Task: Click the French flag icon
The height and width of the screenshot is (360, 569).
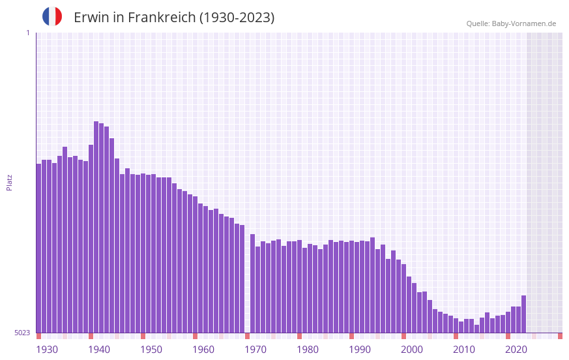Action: click(x=52, y=17)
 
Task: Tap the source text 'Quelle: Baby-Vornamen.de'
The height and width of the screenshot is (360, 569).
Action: click(x=511, y=23)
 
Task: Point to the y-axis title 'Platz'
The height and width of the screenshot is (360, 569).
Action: click(x=9, y=182)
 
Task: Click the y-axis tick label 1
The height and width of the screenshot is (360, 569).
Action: click(x=27, y=33)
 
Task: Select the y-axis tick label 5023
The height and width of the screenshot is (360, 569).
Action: click(x=22, y=333)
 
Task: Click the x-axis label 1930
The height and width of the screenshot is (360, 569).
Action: click(x=47, y=350)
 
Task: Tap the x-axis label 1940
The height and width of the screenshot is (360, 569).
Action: click(x=99, y=350)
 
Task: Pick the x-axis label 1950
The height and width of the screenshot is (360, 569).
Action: click(x=151, y=350)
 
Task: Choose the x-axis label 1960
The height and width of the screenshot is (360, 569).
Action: click(x=203, y=350)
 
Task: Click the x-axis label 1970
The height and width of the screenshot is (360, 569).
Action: click(x=255, y=350)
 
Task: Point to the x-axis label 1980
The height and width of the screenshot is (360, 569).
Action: click(x=308, y=350)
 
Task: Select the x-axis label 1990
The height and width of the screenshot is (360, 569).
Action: click(x=360, y=350)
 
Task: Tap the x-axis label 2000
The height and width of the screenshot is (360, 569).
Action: click(x=412, y=350)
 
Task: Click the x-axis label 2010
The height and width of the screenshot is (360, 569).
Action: click(x=464, y=350)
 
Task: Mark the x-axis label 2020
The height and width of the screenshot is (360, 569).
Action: click(x=516, y=350)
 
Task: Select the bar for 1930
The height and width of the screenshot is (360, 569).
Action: click(x=38, y=248)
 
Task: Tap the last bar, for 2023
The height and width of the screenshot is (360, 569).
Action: click(x=523, y=314)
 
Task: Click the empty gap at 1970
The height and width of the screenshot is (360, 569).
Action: click(x=247, y=280)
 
